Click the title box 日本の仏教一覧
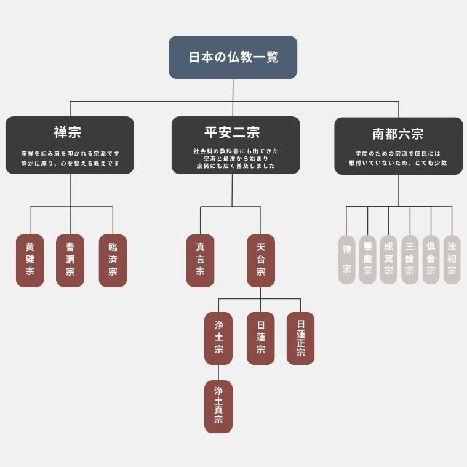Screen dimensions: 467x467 233,57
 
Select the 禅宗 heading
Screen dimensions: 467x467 67,132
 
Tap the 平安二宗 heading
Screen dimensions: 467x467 232,132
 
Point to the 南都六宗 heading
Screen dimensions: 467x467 397,134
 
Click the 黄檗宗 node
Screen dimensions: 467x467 30,261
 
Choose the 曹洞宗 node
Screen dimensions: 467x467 70,261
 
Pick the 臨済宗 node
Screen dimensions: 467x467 113,261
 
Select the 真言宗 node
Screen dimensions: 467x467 200,261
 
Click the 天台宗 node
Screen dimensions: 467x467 261,261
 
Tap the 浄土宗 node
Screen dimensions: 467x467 218,338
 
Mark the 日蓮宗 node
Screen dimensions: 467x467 261,338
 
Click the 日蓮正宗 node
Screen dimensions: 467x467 300,338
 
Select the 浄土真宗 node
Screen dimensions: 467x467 218,407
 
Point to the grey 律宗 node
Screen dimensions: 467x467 346,260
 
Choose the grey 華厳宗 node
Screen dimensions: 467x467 368,260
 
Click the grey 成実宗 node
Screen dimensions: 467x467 389,260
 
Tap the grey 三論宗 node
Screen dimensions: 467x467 410,260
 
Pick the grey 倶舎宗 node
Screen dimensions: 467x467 431,260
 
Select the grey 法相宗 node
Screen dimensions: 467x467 452,260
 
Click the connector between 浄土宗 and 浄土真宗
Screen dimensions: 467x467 218,373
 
